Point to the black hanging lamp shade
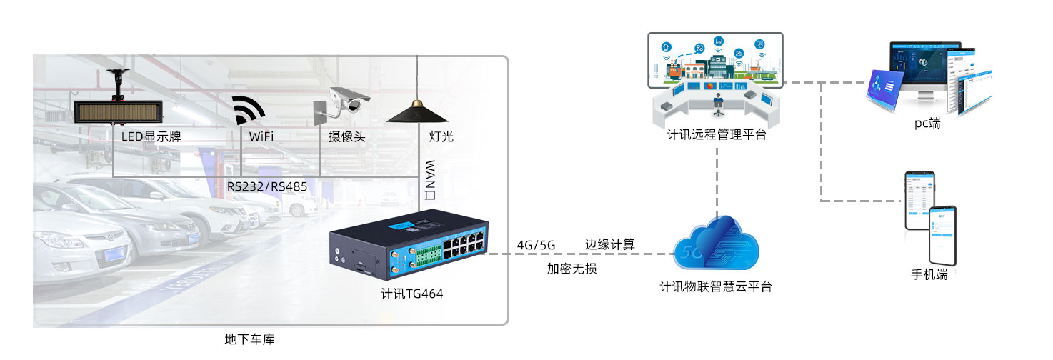[x=417, y=114]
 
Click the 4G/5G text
[x=536, y=246]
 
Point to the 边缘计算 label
[x=610, y=244]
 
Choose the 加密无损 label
[x=572, y=269]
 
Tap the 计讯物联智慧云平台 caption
[x=716, y=287]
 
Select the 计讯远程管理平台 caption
[x=716, y=134]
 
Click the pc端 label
[x=927, y=124]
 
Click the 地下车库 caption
[x=249, y=340]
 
